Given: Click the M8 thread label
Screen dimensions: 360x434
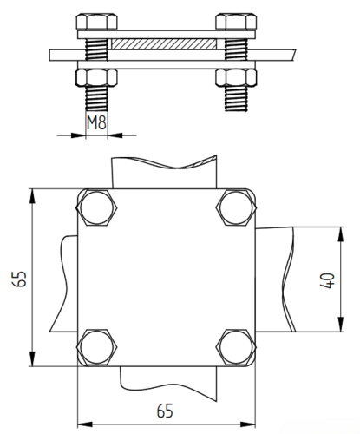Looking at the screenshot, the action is (x=97, y=122).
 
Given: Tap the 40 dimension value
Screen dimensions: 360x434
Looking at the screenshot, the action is (x=328, y=280).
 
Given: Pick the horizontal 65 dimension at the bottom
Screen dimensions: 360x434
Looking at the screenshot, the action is (x=165, y=411).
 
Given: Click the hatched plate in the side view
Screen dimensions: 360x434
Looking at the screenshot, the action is (x=164, y=44).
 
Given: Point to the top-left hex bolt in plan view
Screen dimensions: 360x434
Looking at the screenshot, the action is (x=96, y=207).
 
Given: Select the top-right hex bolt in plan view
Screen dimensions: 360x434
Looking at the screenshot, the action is (x=236, y=207).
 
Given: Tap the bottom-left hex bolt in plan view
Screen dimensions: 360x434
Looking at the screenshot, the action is (x=96, y=347).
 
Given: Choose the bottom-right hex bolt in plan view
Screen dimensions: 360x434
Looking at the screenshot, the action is (x=236, y=347).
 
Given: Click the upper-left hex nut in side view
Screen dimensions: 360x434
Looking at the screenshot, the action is (x=97, y=22).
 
